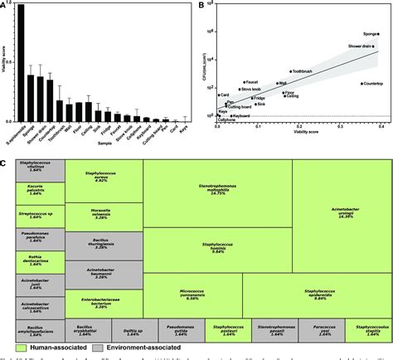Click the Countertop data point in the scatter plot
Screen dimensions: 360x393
362,84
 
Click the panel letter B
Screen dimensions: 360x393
204,7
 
